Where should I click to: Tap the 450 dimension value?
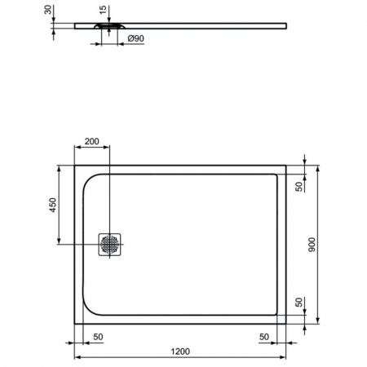[x=52, y=204]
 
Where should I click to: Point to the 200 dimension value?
[x=92, y=141]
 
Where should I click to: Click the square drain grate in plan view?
[x=110, y=243]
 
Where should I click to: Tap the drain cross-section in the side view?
[x=110, y=26]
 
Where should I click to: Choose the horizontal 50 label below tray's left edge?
[x=98, y=335]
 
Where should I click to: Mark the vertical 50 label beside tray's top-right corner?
[x=298, y=186]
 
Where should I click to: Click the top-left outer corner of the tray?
[x=75, y=166]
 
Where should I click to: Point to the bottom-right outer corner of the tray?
[x=286, y=321]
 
